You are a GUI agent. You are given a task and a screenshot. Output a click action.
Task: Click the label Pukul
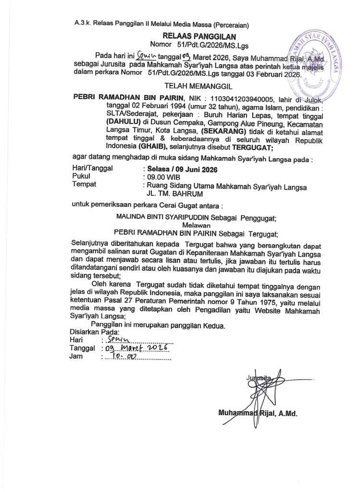click(83, 177)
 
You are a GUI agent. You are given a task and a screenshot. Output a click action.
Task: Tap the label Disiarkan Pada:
click(90, 332)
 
